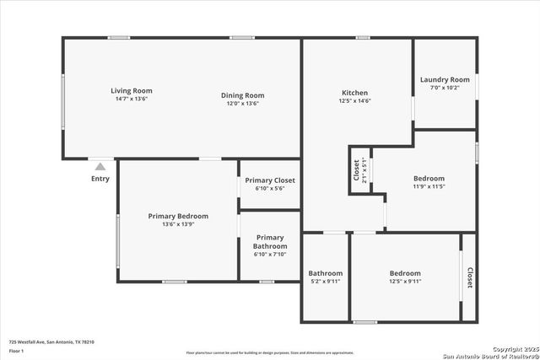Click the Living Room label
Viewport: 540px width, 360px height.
[x=132, y=91]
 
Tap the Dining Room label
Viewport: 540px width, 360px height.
[x=243, y=95]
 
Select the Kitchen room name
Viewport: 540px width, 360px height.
[x=354, y=92]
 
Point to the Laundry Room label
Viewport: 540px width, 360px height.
[x=445, y=79]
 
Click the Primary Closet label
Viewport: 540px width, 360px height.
[x=270, y=180]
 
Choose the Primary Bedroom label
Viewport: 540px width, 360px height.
[x=178, y=216]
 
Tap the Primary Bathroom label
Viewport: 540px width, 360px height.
[x=270, y=242]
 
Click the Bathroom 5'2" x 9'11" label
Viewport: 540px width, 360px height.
[x=325, y=273]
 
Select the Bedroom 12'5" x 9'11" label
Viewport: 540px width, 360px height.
[x=405, y=273]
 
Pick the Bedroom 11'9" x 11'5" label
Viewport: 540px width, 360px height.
[x=429, y=178]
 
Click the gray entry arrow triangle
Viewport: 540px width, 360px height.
[x=100, y=167]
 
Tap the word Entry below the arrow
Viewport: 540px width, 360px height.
[x=100, y=178]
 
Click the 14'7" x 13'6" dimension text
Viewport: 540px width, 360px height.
[x=132, y=99]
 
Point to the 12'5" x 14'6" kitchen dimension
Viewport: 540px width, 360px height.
[x=354, y=101]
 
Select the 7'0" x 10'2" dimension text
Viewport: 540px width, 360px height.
[x=445, y=88]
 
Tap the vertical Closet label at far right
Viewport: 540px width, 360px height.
[x=469, y=278]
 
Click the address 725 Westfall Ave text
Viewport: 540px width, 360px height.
[x=51, y=341]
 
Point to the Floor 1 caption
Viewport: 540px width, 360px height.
[x=17, y=350]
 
